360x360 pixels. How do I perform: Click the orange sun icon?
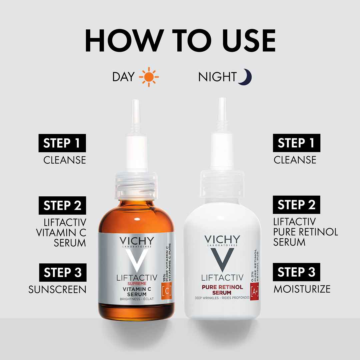pos(149,77)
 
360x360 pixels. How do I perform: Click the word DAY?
pos(123,77)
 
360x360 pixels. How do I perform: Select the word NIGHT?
pos(217,77)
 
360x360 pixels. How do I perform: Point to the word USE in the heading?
pos(249,41)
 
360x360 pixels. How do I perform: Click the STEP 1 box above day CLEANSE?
pos(62,143)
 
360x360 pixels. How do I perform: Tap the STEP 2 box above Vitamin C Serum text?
pos(62,205)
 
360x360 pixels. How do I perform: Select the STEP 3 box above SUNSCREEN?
pos(63,273)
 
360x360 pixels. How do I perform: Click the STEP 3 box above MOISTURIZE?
pos(296,272)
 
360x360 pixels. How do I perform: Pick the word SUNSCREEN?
pos(57,290)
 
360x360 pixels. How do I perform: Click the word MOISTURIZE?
pos(302,289)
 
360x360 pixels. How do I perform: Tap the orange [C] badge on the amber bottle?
pos(167,291)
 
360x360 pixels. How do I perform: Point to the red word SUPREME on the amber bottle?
pos(137,284)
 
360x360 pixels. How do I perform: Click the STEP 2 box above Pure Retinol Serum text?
pos(296,205)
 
